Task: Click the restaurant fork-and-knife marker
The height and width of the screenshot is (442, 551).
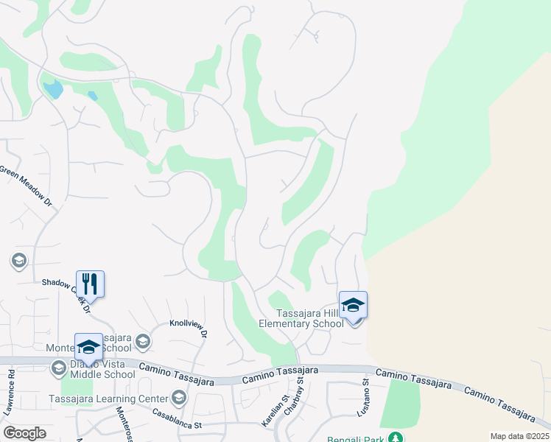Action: pos(90,283)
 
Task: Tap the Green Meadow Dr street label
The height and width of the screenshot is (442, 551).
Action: pos(26,184)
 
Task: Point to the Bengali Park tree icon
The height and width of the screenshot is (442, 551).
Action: pos(396,438)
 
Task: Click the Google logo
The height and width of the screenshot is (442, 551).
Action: pos(25,432)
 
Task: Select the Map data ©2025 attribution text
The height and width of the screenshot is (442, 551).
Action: pos(519,436)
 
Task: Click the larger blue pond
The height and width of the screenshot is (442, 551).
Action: pos(53,90)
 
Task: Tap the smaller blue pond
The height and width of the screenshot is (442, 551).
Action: pos(92,96)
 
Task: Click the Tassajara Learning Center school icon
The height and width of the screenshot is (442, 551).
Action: pos(178,399)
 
